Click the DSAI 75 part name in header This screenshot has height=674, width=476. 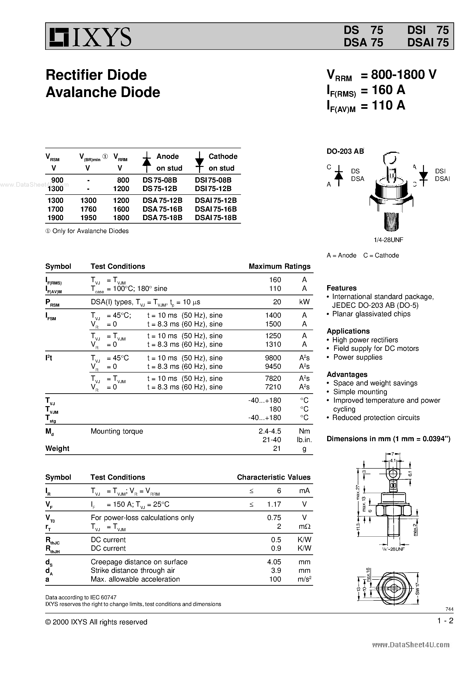[x=428, y=43]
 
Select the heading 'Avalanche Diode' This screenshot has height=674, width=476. [x=103, y=92]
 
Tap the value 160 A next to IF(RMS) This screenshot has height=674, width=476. [x=388, y=90]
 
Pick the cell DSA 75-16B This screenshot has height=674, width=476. [x=162, y=209]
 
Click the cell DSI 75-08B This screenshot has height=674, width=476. [x=213, y=180]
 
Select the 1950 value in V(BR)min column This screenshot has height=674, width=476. [x=88, y=218]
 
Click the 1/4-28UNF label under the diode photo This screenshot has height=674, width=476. [x=388, y=240]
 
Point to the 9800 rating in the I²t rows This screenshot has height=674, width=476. [x=273, y=358]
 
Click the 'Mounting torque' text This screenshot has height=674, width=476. [x=117, y=431]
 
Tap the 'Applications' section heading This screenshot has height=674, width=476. [x=348, y=331]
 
